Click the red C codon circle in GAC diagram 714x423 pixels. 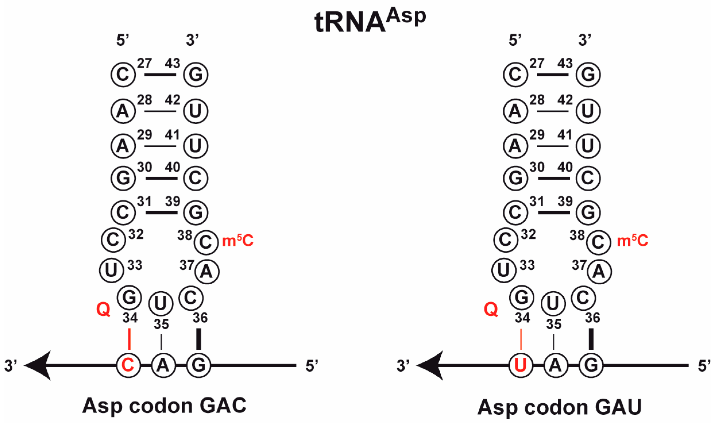(x=128, y=365)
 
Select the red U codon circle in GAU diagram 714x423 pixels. (x=521, y=365)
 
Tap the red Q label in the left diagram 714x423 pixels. (x=103, y=309)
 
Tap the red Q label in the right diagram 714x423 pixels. (x=491, y=309)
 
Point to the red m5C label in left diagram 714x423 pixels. (x=238, y=241)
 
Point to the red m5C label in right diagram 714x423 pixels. (x=632, y=241)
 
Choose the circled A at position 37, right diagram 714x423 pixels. (x=599, y=271)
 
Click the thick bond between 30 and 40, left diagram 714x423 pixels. (x=162, y=178)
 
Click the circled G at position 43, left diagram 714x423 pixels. (x=196, y=75)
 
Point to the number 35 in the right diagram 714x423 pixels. (x=554, y=324)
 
